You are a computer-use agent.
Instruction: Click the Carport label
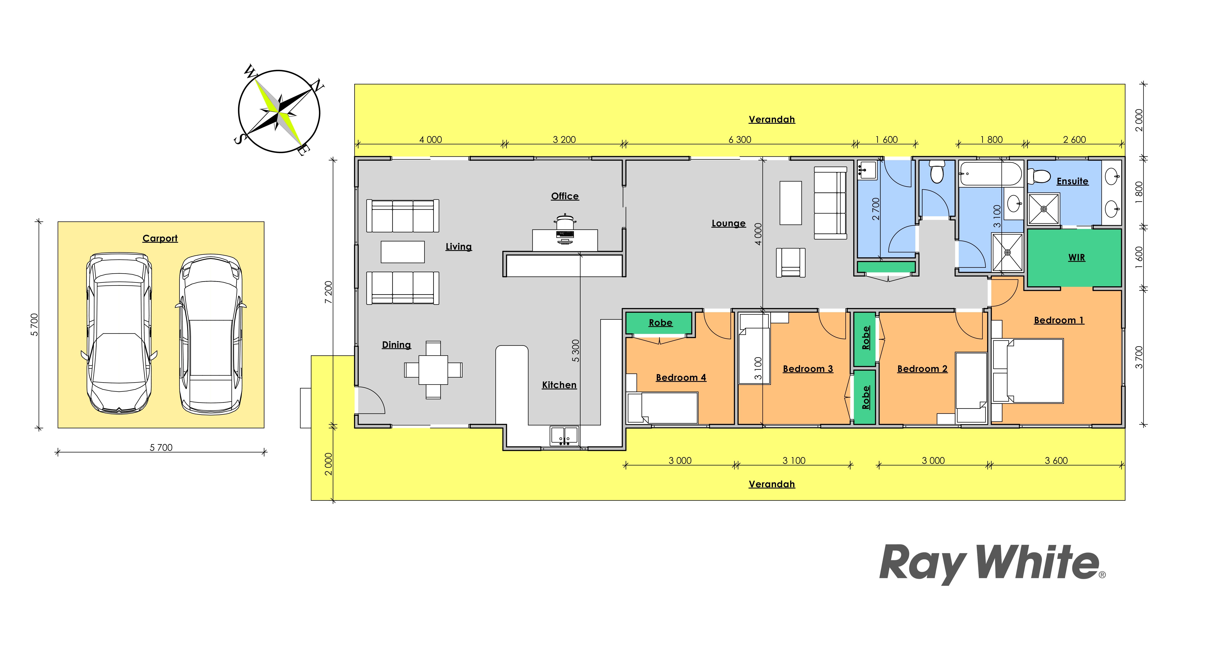tap(160, 238)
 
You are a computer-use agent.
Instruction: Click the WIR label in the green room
tap(1077, 257)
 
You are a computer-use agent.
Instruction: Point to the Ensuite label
tap(1072, 181)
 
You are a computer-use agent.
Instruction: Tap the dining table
tap(433, 370)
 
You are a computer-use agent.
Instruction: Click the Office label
tap(565, 196)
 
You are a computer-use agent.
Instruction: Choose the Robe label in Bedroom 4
tap(660, 323)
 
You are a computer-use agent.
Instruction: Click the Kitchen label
tap(559, 385)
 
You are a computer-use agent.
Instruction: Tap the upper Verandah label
tap(772, 119)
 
